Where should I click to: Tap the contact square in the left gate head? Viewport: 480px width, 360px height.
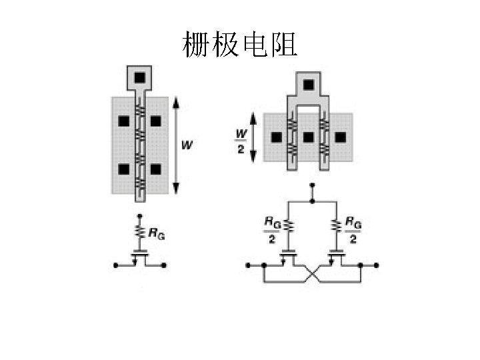coord(139,78)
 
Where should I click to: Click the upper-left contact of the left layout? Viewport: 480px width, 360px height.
coord(123,121)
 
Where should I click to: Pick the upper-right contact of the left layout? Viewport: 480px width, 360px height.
coord(155,121)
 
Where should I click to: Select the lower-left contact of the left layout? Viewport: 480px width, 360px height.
coord(123,169)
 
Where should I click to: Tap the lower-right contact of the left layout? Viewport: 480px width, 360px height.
coord(155,169)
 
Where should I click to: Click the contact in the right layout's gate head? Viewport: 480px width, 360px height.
coord(308,85)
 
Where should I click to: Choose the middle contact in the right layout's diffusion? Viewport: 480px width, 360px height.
coord(308,137)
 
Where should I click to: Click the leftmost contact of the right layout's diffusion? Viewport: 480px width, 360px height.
coord(276,137)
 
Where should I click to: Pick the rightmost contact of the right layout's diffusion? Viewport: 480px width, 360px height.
coord(340,137)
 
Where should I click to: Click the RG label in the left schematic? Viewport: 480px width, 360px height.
coord(157,234)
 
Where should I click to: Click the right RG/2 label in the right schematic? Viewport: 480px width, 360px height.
coord(353,229)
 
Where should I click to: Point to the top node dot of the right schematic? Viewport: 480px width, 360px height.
coord(311,199)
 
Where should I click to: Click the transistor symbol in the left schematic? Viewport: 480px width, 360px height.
coord(140,257)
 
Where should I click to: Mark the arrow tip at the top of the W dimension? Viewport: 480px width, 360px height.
coord(175,100)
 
